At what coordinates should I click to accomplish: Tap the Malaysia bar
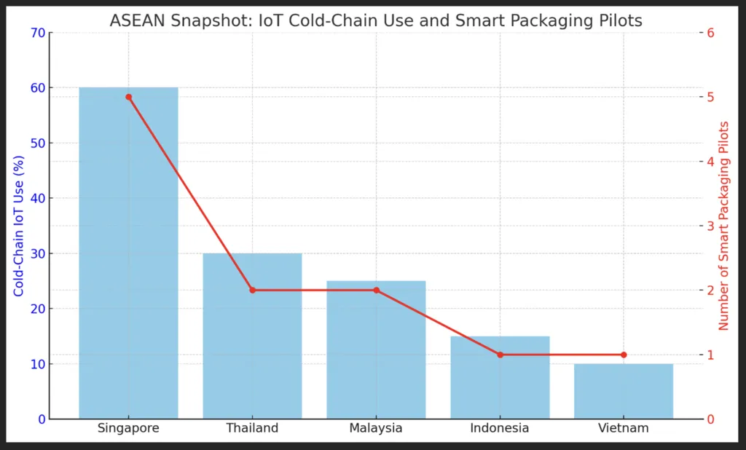376,350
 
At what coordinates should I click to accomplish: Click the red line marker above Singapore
128,97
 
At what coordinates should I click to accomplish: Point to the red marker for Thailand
252,290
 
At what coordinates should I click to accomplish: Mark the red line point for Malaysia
376,290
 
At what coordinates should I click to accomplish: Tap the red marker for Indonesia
500,355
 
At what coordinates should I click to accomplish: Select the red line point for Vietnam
624,355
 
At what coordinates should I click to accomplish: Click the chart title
376,20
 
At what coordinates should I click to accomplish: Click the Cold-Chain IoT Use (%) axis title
19,226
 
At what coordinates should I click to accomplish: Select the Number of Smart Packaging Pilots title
723,226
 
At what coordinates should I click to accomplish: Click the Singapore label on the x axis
128,428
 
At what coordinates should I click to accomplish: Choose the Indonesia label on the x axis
500,428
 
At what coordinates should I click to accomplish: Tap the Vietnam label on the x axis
624,428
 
